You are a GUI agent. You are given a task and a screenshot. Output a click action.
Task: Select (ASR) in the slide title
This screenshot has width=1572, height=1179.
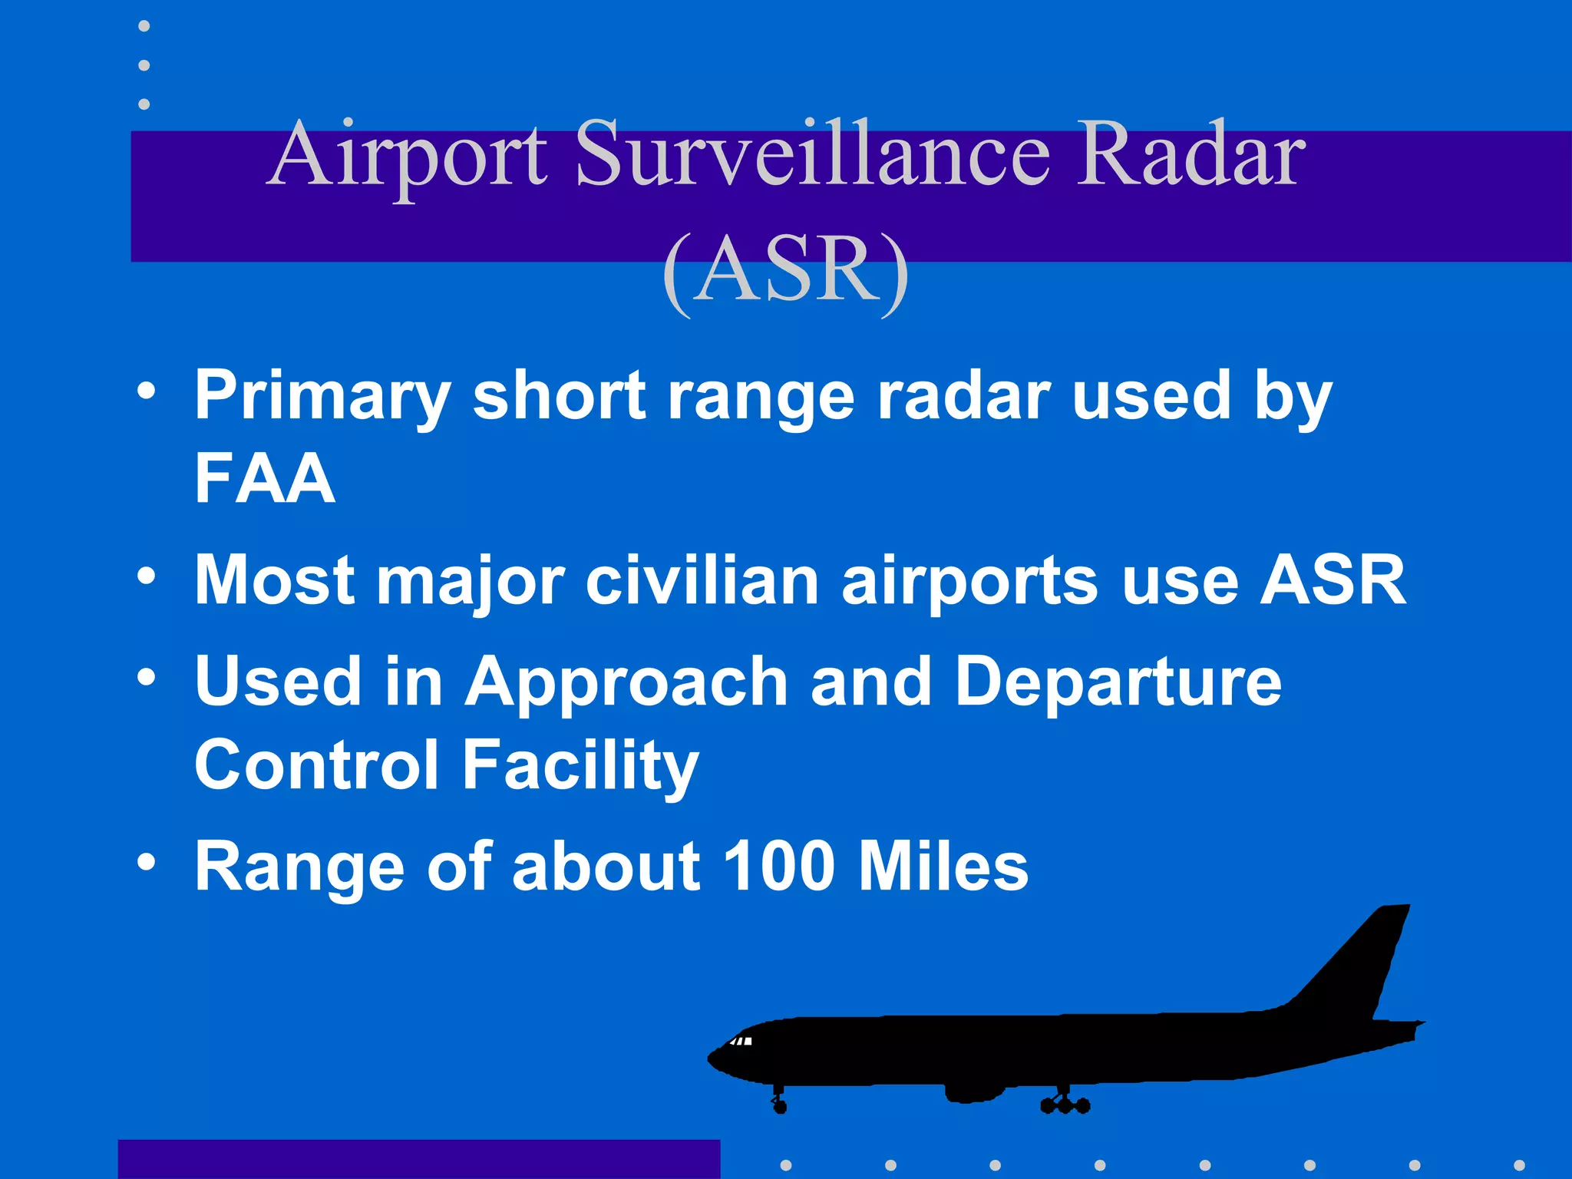pos(786,272)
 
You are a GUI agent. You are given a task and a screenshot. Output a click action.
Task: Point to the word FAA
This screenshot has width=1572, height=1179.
pos(265,477)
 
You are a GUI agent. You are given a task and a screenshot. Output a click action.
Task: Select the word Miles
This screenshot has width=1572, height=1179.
pos(943,866)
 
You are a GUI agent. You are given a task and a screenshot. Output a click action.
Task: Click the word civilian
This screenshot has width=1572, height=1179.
pos(702,580)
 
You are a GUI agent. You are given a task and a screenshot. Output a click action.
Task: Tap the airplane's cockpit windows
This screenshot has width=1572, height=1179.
pos(740,1042)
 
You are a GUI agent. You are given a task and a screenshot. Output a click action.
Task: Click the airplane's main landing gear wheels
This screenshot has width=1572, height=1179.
pos(1065,1103)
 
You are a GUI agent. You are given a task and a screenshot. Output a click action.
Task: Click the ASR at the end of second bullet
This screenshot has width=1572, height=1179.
pos(1333,580)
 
